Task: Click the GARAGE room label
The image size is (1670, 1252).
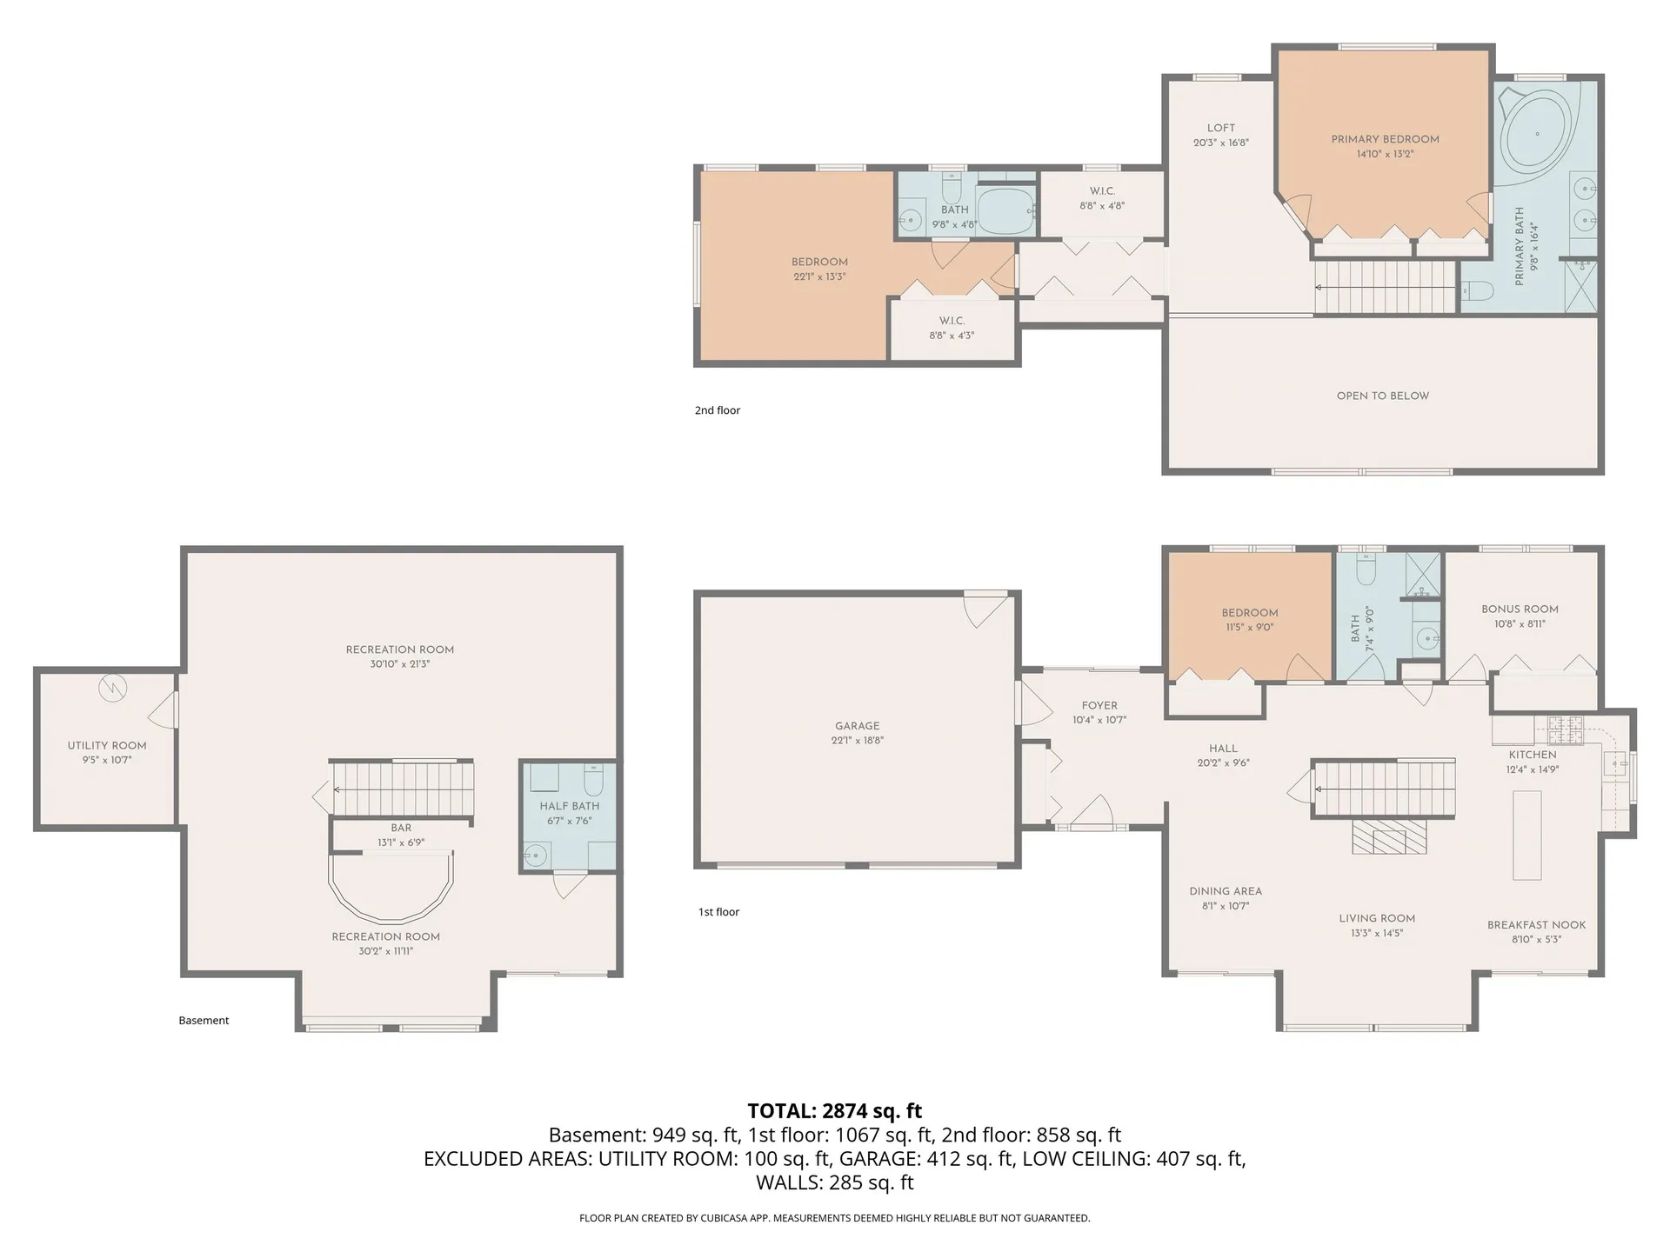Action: click(x=858, y=726)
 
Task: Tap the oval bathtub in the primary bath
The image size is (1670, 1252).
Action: click(x=1538, y=132)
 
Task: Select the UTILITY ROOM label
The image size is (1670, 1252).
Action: click(x=107, y=746)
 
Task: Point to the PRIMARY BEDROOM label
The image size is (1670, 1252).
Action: click(x=1386, y=139)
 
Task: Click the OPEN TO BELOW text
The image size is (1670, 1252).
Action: click(x=1383, y=396)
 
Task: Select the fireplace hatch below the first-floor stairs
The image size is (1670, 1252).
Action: click(x=1390, y=838)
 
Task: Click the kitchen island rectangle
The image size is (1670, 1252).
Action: click(x=1527, y=836)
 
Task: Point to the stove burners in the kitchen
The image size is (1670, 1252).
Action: click(x=1565, y=730)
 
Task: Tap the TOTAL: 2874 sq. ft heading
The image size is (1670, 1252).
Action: click(x=835, y=1111)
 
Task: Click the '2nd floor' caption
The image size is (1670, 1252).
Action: click(x=718, y=410)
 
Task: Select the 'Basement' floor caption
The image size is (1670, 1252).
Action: click(x=204, y=1021)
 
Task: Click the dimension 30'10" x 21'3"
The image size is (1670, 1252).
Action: click(x=400, y=664)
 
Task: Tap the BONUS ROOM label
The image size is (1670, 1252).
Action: click(x=1520, y=609)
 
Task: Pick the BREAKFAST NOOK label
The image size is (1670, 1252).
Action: click(x=1537, y=925)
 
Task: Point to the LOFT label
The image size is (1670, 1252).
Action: click(x=1221, y=128)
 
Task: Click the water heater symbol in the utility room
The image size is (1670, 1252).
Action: click(x=112, y=689)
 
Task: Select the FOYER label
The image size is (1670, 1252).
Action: click(x=1099, y=706)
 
